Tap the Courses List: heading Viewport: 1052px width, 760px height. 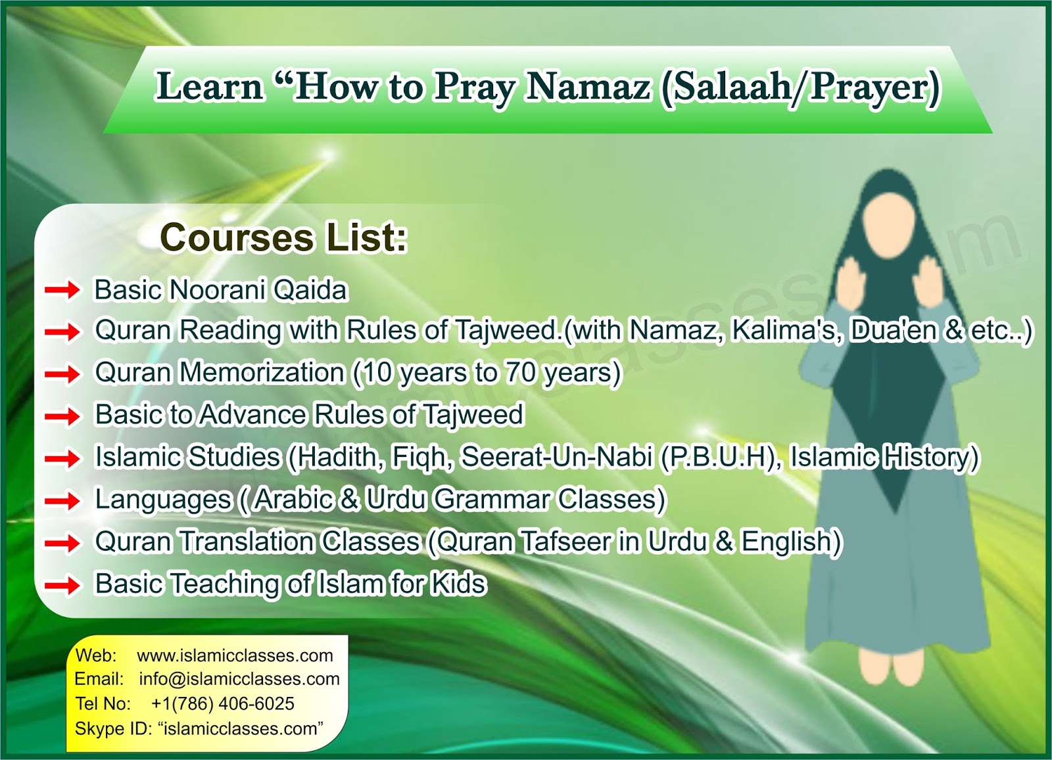click(x=283, y=237)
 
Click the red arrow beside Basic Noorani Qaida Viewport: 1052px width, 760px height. click(x=62, y=290)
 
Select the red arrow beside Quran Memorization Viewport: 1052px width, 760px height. click(x=62, y=374)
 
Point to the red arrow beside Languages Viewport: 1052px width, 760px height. click(x=62, y=501)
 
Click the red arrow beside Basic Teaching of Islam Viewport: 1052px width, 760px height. click(x=62, y=585)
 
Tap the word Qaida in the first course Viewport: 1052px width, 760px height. click(x=310, y=290)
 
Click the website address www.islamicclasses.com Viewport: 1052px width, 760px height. click(x=235, y=655)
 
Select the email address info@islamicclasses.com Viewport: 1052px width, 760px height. click(x=239, y=679)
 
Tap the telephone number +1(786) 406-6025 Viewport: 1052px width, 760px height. click(x=222, y=703)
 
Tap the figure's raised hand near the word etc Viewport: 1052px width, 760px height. click(x=932, y=283)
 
